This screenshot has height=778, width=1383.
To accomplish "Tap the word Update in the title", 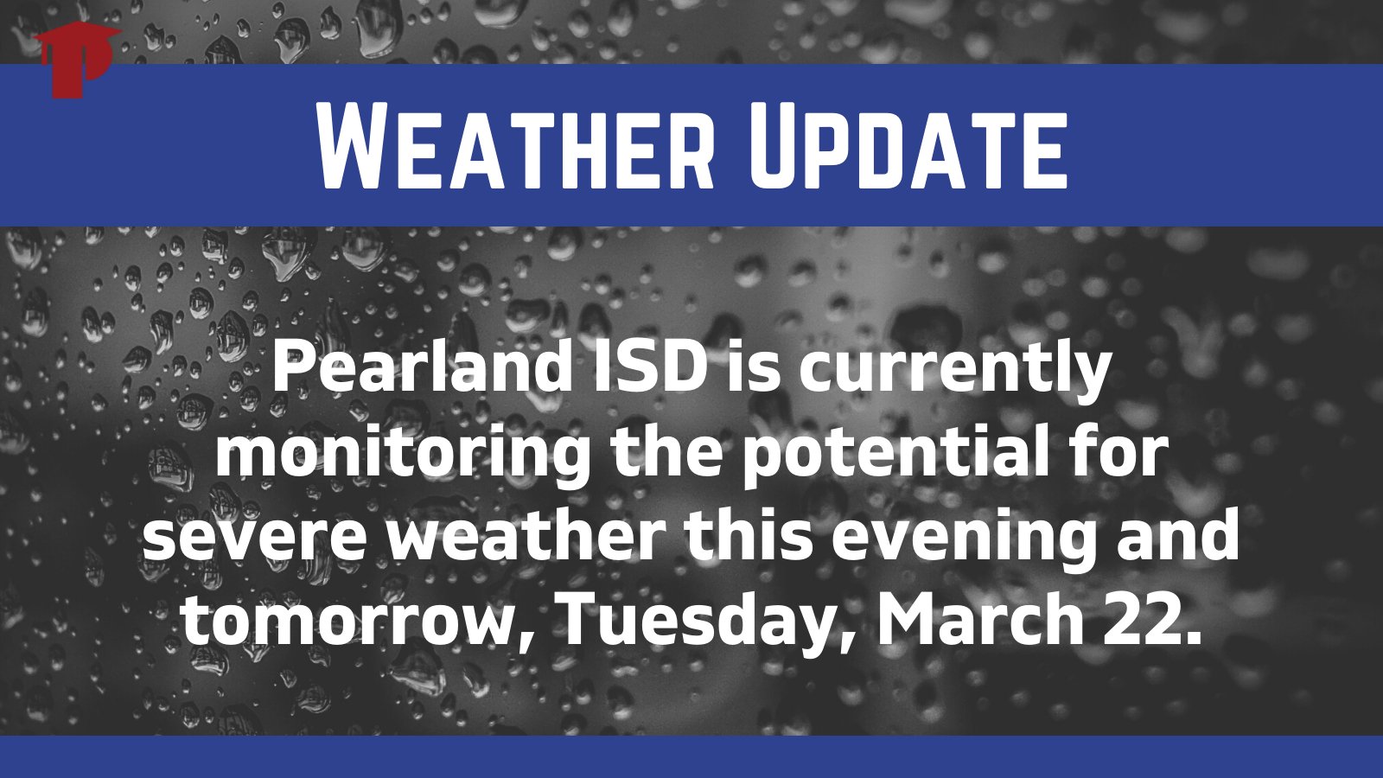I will coord(908,144).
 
